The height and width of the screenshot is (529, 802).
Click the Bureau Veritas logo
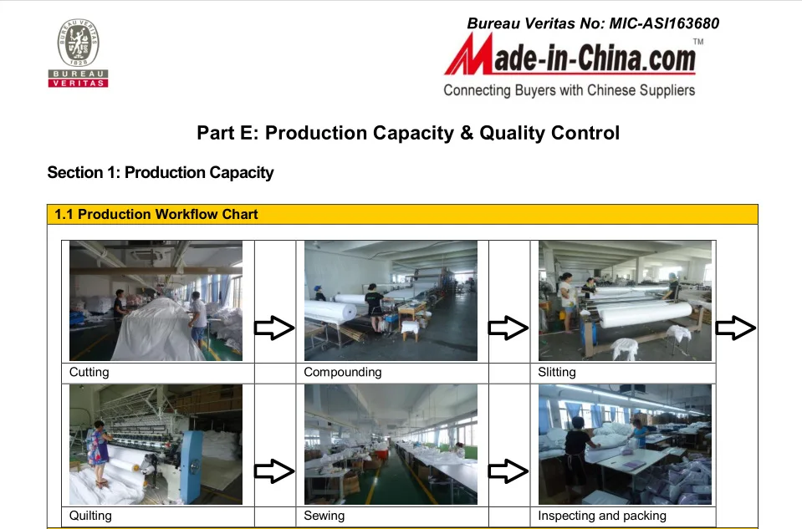[79, 53]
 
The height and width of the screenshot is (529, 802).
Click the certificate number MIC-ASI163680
[664, 23]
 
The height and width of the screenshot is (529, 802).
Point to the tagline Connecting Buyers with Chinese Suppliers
[570, 90]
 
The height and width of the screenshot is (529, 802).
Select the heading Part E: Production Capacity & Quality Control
[408, 133]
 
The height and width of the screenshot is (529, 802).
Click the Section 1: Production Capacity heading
[161, 173]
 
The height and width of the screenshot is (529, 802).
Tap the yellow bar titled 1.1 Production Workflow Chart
[402, 214]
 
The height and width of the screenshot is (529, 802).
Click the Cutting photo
[156, 301]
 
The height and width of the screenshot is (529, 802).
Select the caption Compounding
[343, 372]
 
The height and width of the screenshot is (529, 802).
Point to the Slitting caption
[557, 372]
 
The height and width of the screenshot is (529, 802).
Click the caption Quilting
[90, 515]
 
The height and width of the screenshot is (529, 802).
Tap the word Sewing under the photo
[324, 515]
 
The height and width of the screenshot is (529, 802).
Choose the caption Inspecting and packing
[602, 515]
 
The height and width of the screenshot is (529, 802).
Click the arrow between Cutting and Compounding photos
[274, 328]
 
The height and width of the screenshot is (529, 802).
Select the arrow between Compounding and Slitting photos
[508, 328]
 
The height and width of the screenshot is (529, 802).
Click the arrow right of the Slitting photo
[736, 328]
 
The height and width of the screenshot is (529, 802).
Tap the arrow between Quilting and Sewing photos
[274, 471]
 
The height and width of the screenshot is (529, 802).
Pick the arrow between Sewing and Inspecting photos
[508, 471]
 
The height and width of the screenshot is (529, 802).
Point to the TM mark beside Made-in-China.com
[698, 42]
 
